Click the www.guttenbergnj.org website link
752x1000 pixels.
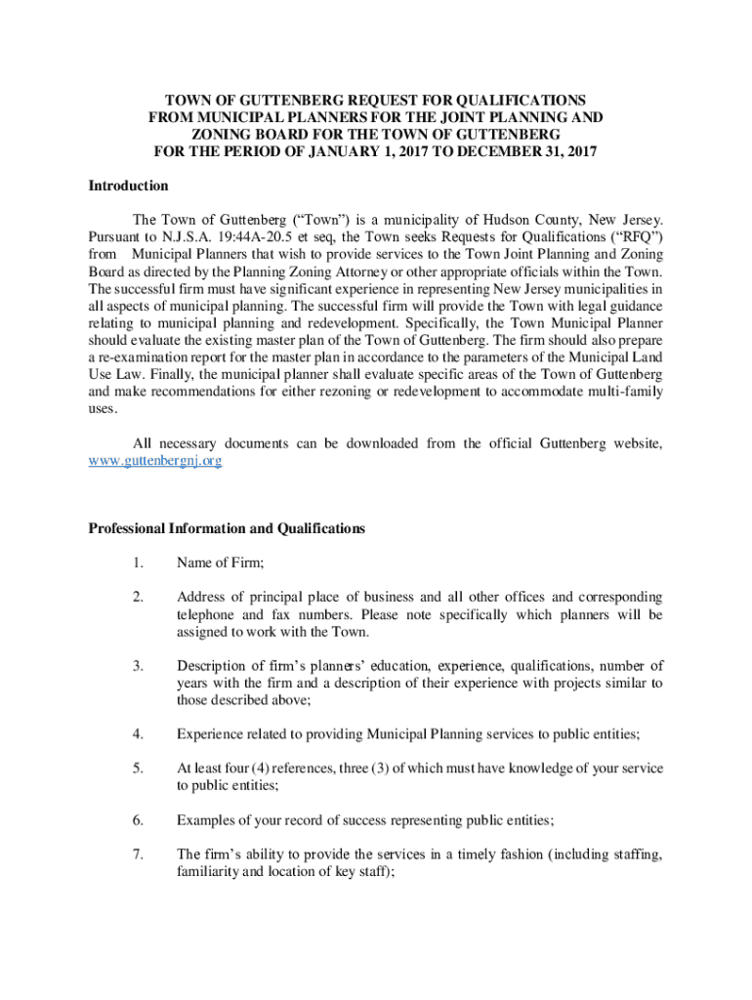point(155,460)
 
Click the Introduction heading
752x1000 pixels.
point(129,186)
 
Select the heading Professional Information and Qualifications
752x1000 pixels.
point(227,528)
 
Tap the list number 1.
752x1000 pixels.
point(139,562)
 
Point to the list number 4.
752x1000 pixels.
point(139,733)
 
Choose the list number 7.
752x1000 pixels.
point(139,854)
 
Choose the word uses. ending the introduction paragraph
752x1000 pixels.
point(103,410)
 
